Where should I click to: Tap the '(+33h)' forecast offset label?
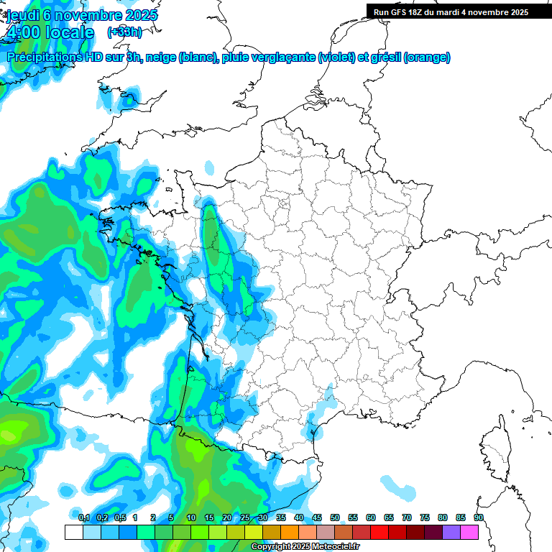coord(124,32)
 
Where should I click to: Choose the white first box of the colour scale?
coord(73,532)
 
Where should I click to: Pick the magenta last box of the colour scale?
coord(469,532)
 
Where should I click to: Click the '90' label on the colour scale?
coord(479,518)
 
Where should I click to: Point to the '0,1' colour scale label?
coord(83,518)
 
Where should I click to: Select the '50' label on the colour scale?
coord(335,518)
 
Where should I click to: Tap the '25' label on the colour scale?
coord(245,518)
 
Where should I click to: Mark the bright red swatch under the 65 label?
coord(379,532)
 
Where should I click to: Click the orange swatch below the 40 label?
coord(290,532)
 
